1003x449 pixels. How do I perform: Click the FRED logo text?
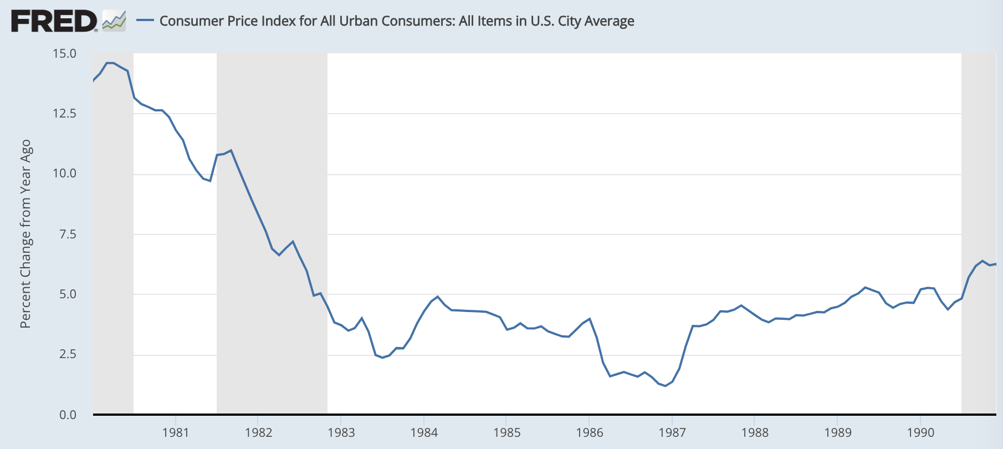click(54, 22)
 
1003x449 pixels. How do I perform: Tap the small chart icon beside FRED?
click(114, 21)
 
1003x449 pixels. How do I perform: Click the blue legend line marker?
click(145, 21)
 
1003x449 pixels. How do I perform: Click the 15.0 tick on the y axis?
click(64, 54)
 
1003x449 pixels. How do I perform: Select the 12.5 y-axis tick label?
click(64, 114)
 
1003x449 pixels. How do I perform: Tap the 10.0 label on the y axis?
click(64, 174)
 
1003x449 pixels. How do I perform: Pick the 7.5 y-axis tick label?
click(68, 234)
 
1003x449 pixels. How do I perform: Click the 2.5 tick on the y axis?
click(68, 354)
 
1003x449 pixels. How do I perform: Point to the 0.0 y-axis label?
click(68, 415)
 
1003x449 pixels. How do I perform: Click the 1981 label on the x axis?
click(176, 432)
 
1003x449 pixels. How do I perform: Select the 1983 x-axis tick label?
click(341, 432)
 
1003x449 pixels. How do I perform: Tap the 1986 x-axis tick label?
click(589, 432)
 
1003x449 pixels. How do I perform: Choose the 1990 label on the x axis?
click(920, 432)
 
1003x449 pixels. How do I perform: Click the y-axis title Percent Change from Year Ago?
click(25, 234)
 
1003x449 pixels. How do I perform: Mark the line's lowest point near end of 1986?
click(665, 386)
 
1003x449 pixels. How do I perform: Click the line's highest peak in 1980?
click(110, 63)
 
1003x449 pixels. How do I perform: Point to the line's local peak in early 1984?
click(438, 297)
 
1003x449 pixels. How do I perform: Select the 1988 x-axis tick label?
click(755, 432)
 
